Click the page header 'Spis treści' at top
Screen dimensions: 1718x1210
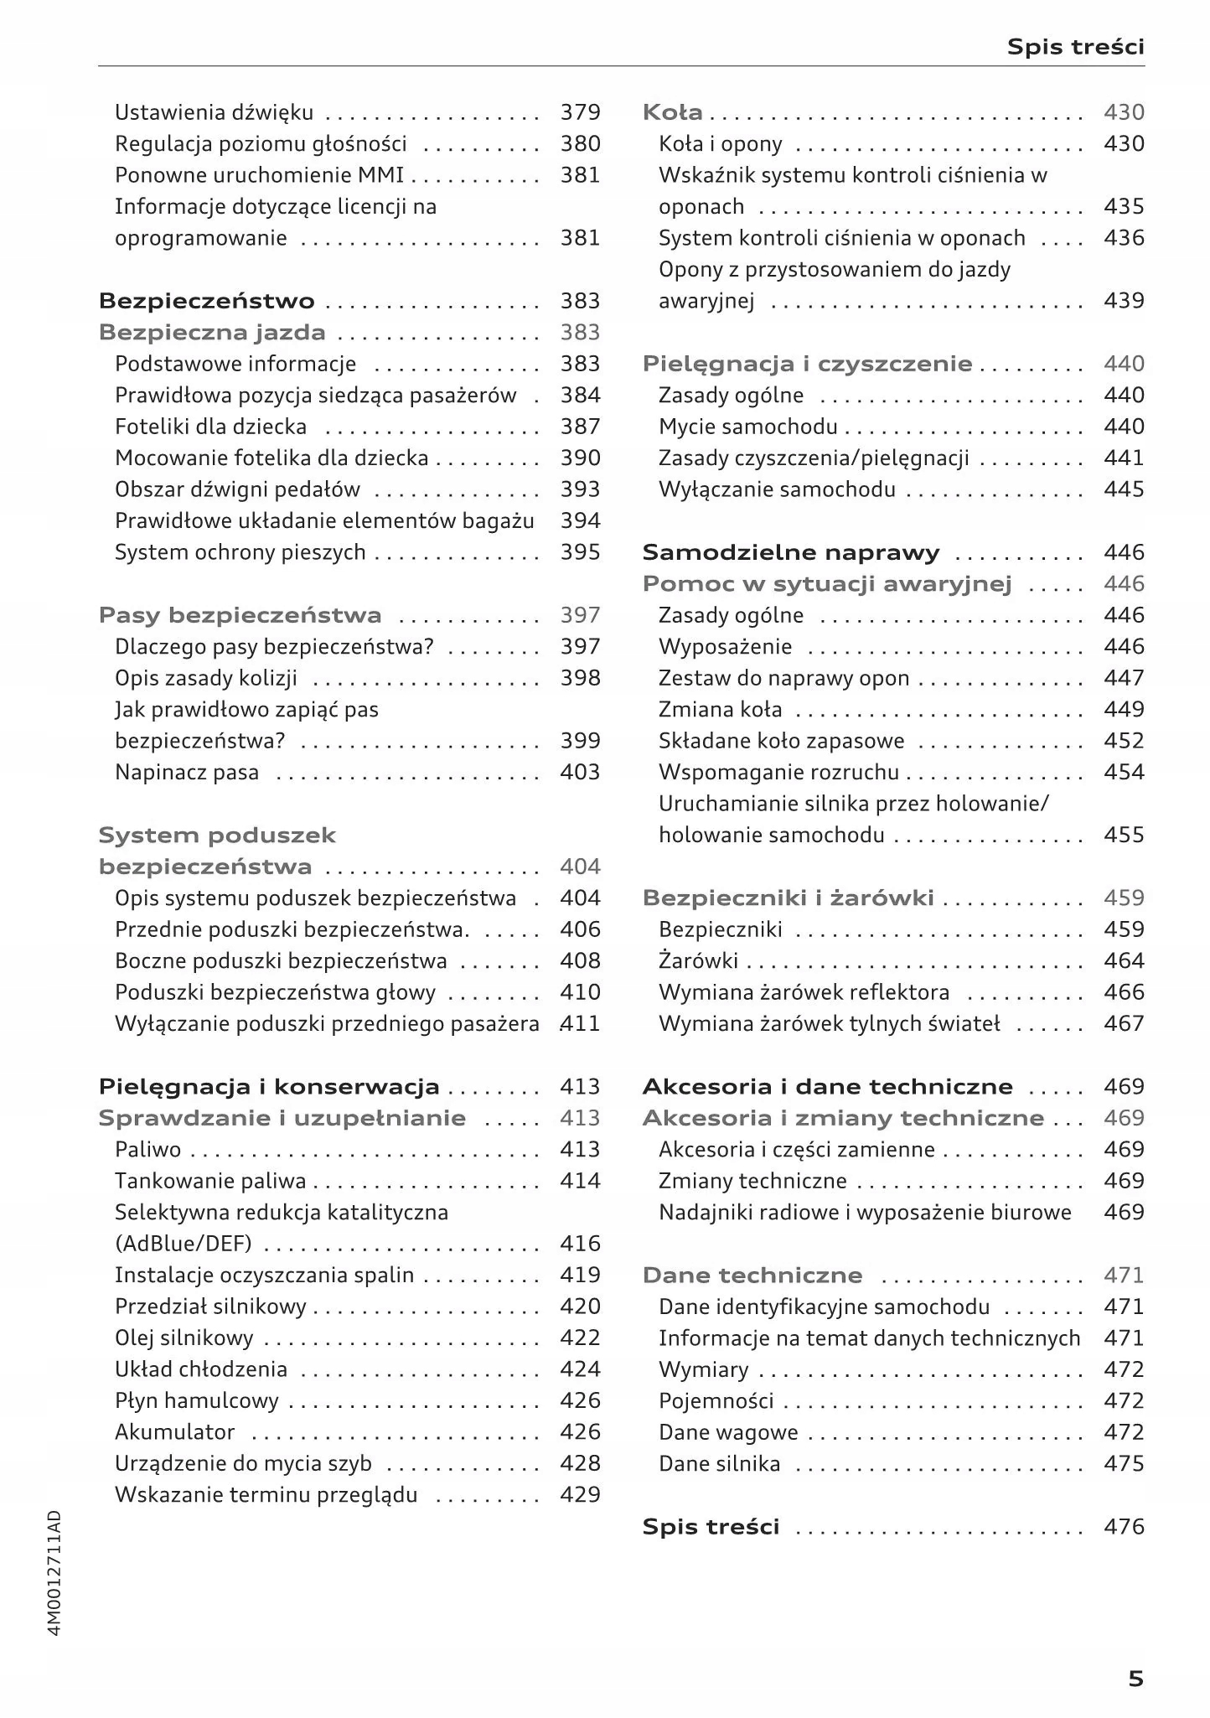pos(1075,47)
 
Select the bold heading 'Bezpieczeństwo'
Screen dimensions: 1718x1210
pos(207,301)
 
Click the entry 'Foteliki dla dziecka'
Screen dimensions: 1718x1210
pos(210,427)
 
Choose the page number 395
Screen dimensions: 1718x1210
pos(580,552)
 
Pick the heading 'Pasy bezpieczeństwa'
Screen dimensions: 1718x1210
pos(240,615)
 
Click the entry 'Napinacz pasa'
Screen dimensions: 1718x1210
pos(187,772)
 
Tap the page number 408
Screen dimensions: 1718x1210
pos(580,960)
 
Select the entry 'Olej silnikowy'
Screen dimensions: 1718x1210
pos(184,1338)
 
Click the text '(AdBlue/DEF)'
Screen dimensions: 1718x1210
pos(184,1244)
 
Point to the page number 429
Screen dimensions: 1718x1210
pos(580,1494)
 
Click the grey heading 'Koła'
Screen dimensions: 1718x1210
pos(672,112)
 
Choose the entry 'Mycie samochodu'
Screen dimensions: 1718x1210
pos(747,427)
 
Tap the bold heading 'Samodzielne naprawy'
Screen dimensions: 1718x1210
pos(790,552)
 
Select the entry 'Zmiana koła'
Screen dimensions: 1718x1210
pos(720,709)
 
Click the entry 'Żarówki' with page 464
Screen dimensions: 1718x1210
pos(698,960)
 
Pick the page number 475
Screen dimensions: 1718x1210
pos(1124,1463)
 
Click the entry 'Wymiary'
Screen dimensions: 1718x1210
pos(703,1369)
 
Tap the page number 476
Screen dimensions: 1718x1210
pos(1124,1526)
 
